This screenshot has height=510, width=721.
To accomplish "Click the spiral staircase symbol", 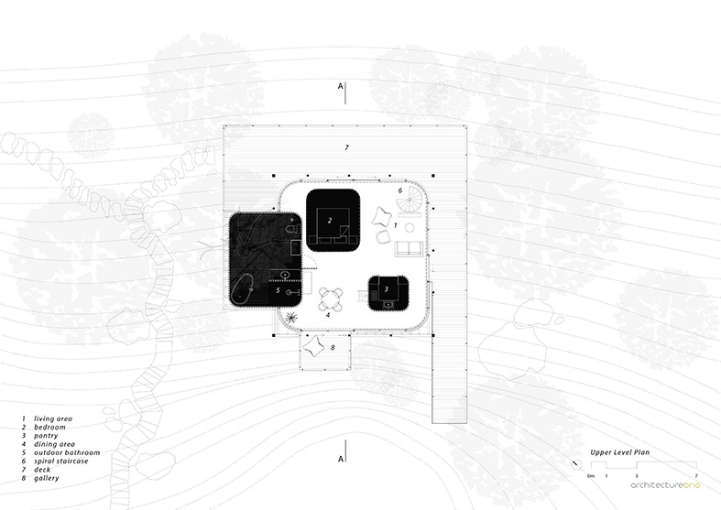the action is (410, 201).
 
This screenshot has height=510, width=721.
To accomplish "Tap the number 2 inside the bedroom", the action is (330, 221).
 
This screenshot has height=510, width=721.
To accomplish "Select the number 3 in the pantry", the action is (387, 289).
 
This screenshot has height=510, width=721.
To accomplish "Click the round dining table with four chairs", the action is (331, 299).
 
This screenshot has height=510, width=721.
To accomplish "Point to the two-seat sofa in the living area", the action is (410, 248).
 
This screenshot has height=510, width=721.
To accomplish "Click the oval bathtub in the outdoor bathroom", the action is (242, 290).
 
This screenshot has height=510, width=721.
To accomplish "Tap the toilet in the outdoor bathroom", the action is (292, 228).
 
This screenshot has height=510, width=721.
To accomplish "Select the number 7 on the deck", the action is (346, 147).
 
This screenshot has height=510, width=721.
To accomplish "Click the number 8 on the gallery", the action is (333, 347).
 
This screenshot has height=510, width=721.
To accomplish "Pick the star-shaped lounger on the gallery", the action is (313, 346).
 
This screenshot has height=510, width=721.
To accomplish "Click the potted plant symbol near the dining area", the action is (291, 317).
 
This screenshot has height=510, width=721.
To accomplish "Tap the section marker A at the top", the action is (340, 86).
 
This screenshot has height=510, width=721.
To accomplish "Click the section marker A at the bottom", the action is (340, 459).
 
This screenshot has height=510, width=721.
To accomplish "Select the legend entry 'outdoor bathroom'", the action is (67, 452).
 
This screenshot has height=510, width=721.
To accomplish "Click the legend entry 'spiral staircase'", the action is (61, 461).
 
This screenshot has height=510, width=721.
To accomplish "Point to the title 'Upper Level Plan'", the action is (620, 452).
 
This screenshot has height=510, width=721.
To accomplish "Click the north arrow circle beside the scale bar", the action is (576, 464).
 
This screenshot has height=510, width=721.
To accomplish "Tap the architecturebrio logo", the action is (665, 485).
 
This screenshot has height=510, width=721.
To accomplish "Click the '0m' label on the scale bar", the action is (591, 476).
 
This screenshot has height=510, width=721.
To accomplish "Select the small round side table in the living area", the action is (410, 228).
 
